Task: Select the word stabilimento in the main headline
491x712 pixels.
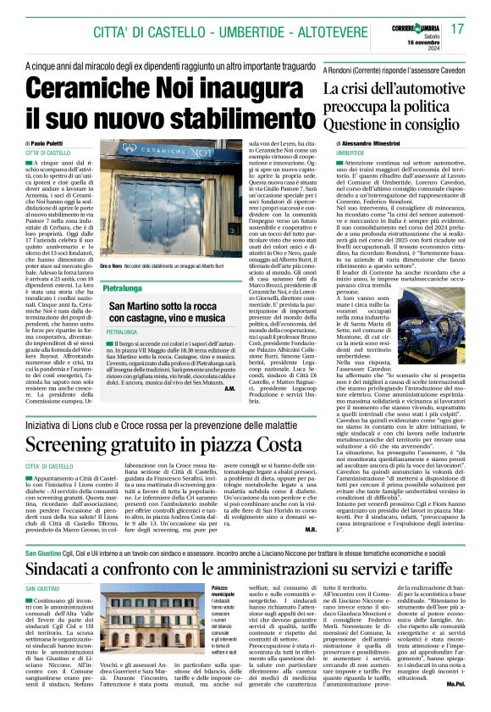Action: (x=204, y=117)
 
